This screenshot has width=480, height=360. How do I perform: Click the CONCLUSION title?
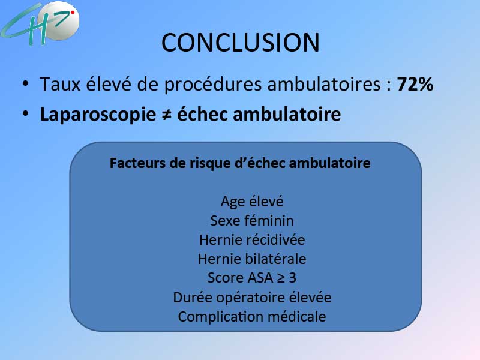(241, 42)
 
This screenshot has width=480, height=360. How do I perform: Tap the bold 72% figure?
(415, 84)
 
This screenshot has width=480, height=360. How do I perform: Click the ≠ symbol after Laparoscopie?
(167, 115)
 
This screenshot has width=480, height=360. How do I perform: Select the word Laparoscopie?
(98, 115)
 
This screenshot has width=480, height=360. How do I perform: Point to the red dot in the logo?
(73, 13)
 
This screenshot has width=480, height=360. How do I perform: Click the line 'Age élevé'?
(252, 202)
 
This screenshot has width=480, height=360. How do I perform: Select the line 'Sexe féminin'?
(252, 220)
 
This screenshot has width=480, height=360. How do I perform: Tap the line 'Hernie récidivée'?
(252, 239)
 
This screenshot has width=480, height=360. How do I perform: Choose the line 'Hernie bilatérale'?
(252, 259)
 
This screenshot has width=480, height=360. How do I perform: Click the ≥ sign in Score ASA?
(281, 278)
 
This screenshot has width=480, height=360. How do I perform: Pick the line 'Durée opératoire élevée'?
(252, 298)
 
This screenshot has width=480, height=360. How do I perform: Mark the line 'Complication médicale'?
(252, 317)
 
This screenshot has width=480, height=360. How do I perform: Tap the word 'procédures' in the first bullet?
(213, 85)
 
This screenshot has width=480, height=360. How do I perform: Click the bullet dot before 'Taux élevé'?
(25, 83)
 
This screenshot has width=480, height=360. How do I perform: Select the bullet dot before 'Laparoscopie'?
(25, 113)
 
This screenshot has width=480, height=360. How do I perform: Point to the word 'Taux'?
(60, 84)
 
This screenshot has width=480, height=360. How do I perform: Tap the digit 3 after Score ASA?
(292, 278)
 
